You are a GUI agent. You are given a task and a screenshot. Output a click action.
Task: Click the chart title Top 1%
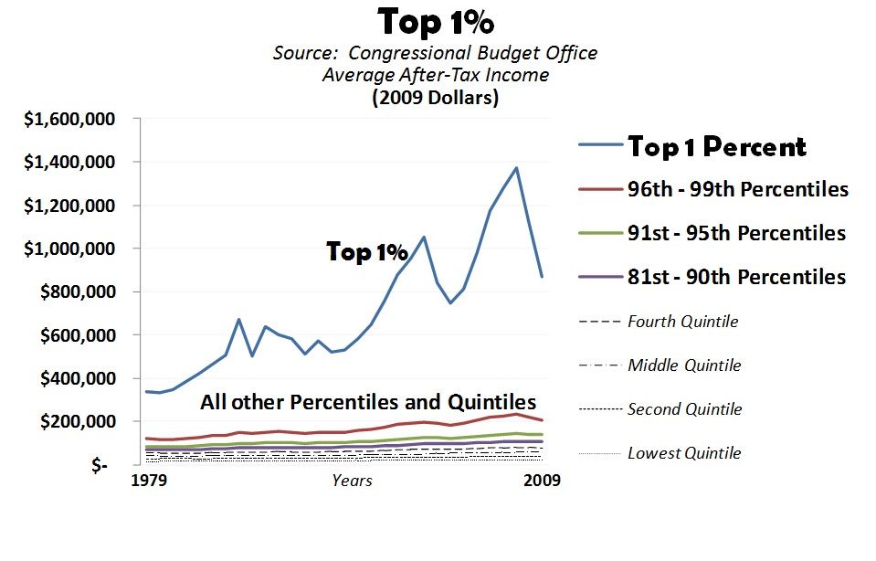point(436,21)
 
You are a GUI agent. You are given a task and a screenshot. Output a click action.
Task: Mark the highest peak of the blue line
point(516,168)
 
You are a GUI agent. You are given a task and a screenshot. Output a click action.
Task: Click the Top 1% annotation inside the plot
point(367,253)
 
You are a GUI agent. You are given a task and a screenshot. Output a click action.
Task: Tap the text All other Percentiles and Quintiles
point(368,402)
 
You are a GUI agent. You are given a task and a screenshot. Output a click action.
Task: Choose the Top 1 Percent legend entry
point(715,146)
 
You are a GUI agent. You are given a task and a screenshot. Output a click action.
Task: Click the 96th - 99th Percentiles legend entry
point(737,190)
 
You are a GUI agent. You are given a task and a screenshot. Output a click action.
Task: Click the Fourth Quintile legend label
point(682,322)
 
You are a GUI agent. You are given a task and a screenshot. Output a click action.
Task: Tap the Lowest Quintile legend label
point(684,453)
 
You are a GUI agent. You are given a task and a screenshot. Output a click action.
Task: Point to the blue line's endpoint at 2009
point(543,276)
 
